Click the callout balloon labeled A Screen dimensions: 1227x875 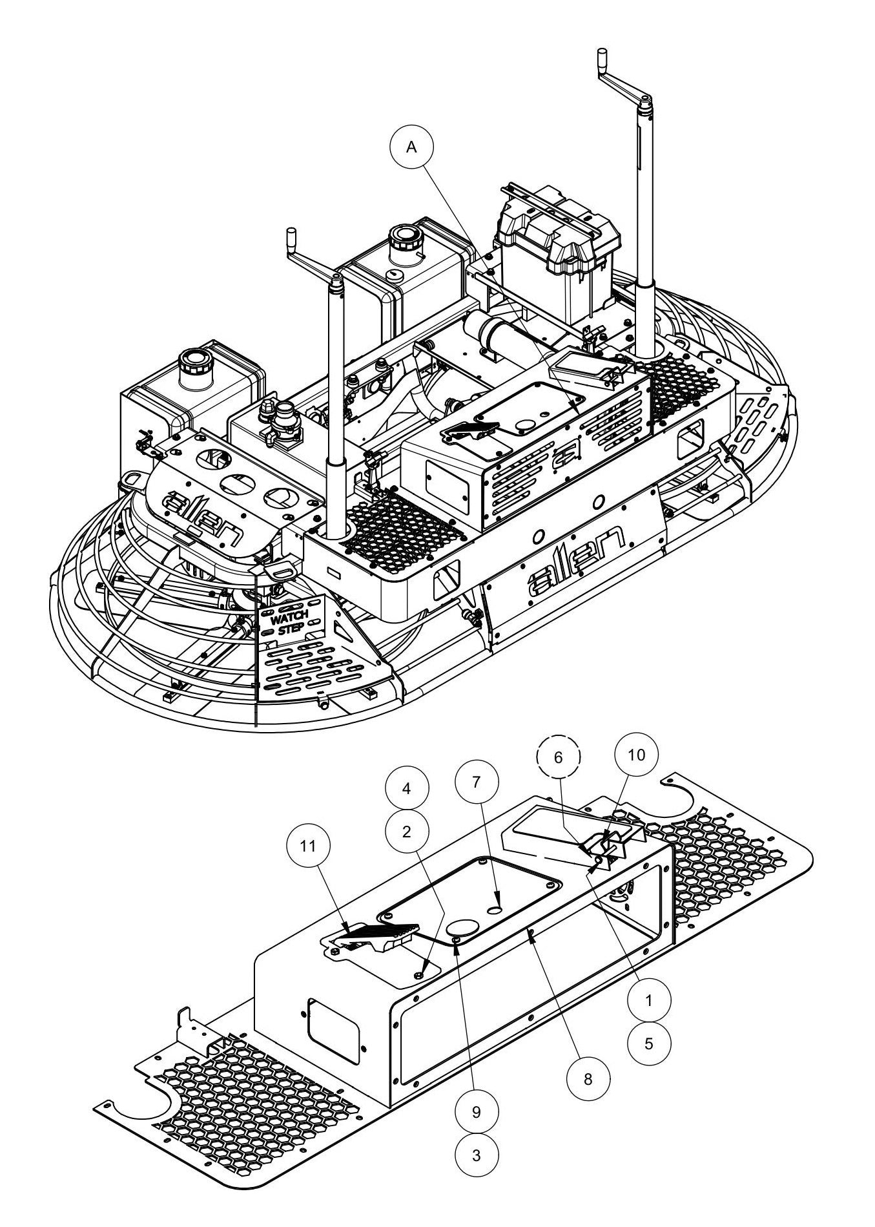411,147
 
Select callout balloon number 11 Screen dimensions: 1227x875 309,846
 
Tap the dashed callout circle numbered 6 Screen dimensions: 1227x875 559,757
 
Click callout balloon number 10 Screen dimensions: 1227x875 637,755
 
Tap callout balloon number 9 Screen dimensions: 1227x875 477,1112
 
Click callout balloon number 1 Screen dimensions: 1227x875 649,1000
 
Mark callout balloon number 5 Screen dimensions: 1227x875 649,1043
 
